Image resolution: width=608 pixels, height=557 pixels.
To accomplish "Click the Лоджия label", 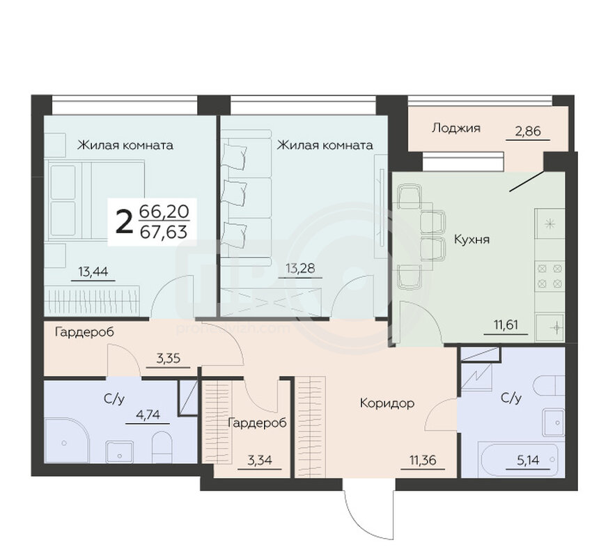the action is (456, 128).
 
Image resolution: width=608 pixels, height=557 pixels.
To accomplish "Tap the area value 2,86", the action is (528, 132).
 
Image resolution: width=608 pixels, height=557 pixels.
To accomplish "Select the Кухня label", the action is (471, 239).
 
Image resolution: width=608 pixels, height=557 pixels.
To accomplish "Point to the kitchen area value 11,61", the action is (506, 324).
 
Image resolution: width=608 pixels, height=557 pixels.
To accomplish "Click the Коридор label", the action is (387, 403).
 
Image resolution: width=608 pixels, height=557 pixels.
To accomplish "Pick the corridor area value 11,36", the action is (423, 460).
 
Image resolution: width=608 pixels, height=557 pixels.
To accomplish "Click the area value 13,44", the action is (93, 272).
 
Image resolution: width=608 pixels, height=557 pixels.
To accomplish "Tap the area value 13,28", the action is (300, 268).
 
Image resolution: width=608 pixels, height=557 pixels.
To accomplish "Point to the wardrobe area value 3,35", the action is (169, 358).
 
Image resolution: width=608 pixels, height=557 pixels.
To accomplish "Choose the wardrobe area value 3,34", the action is (260, 460).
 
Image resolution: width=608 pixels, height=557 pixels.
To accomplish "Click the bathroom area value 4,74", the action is (148, 415).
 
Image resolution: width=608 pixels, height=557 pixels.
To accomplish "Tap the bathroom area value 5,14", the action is (528, 460).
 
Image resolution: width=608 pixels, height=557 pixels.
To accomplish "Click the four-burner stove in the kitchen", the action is (549, 276).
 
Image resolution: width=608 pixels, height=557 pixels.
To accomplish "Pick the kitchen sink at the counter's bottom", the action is (550, 328).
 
